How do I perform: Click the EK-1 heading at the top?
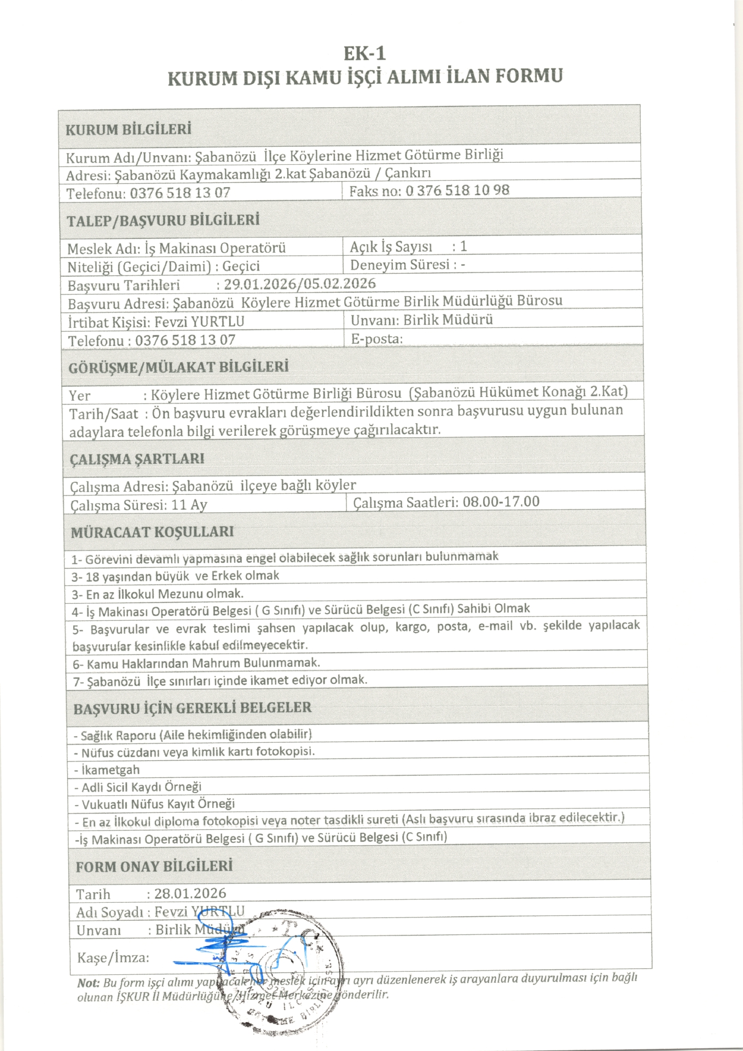pos(364,53)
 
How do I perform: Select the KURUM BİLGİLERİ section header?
pos(128,130)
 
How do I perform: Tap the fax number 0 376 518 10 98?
pos(457,190)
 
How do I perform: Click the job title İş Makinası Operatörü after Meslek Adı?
pos(215,249)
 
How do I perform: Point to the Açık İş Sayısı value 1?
pos(463,246)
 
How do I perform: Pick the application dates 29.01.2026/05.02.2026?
pos(300,284)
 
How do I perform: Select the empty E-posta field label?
pos(377,339)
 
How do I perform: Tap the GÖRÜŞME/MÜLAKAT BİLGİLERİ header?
pos(178,367)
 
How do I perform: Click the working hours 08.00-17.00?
pos(501,502)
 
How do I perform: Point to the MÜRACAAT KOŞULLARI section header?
pos(152,532)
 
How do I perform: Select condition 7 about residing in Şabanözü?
pos(220,681)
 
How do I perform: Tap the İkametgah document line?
pos(107,770)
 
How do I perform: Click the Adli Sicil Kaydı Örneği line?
pos(138,787)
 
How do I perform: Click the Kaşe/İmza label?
pos(113,958)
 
